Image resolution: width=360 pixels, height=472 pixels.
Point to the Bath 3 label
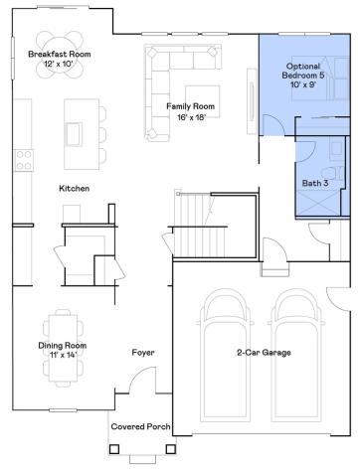click(315, 183)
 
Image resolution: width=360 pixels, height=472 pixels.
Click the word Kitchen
click(76, 189)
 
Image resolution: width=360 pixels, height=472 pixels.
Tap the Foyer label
click(144, 353)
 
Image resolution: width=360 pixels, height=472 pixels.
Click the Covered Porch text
click(140, 426)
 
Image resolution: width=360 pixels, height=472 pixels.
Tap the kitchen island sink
click(74, 132)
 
